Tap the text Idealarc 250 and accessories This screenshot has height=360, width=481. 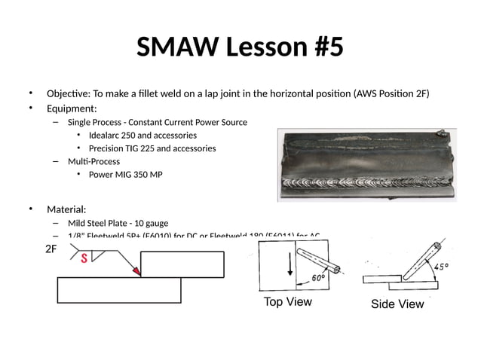142,136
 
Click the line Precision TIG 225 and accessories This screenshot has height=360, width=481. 152,148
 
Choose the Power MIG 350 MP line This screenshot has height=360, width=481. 125,175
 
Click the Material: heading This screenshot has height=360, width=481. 66,209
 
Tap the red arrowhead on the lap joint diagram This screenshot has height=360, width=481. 136,270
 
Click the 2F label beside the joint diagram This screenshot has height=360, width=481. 50,249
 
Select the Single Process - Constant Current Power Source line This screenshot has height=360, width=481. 157,122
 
